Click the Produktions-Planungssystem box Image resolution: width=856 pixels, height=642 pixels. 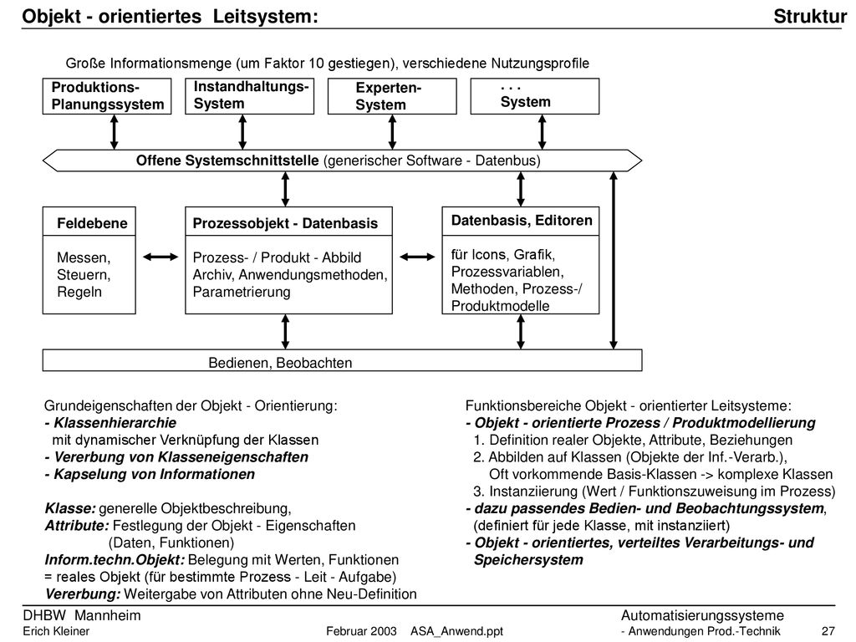(x=107, y=96)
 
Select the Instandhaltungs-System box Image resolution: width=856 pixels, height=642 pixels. (x=249, y=96)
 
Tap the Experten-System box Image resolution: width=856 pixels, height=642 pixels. (x=392, y=96)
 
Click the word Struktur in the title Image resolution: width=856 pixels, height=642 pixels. (x=810, y=17)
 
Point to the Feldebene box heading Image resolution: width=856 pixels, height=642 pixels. (x=92, y=223)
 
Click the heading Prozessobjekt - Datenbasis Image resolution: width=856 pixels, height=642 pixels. (x=285, y=223)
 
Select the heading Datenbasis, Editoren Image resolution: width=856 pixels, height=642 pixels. (x=522, y=221)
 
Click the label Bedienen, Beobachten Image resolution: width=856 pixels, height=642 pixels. (x=280, y=363)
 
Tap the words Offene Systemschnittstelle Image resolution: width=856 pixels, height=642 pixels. (x=227, y=160)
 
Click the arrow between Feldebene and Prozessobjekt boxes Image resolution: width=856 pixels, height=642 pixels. (x=160, y=257)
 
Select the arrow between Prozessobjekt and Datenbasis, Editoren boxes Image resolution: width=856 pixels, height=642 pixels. (x=418, y=257)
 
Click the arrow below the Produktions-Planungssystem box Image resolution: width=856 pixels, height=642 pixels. (x=114, y=132)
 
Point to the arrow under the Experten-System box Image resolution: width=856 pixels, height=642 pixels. (x=392, y=132)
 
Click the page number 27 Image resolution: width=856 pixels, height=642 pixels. (x=828, y=632)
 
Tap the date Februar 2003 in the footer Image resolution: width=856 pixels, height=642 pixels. (x=361, y=632)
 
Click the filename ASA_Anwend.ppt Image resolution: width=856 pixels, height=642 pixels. (x=457, y=632)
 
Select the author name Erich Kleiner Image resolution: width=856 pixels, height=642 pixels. (x=56, y=632)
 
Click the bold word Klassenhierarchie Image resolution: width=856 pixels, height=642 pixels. (x=115, y=423)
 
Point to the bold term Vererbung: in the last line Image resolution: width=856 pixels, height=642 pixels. (x=83, y=594)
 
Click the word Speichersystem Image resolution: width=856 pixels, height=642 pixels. (x=528, y=560)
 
